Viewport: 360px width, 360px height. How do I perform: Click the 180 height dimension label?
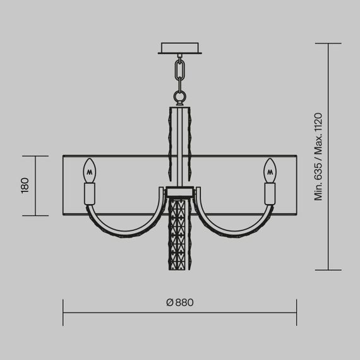(x=25, y=186)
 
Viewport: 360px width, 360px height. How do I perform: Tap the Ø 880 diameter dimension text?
(x=179, y=302)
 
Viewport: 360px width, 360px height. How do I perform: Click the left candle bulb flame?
(x=89, y=169)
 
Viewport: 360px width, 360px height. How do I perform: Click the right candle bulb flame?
(x=271, y=169)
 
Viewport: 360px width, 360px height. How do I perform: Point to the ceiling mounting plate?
(x=181, y=48)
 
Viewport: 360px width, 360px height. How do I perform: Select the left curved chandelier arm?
(x=120, y=224)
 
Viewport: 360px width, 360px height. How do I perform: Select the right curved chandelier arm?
(x=240, y=224)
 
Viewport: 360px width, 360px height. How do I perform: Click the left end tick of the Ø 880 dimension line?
(x=63, y=312)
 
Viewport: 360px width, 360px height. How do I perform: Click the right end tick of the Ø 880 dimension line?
(x=297, y=312)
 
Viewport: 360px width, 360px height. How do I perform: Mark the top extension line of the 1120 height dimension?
(x=328, y=44)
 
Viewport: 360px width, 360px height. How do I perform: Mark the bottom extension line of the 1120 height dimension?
(x=328, y=270)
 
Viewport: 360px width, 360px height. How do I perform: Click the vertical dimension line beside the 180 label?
(x=36, y=186)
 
